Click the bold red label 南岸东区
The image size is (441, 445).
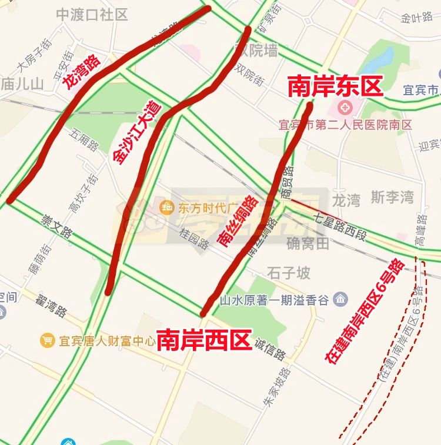pyautogui.click(x=335, y=87)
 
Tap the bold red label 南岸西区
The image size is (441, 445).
pyautogui.click(x=204, y=340)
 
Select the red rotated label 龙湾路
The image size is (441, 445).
pyautogui.click(x=82, y=73)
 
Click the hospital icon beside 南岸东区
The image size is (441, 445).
pyautogui.click(x=343, y=108)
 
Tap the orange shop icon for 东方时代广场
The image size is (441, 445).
pyautogui.click(x=166, y=206)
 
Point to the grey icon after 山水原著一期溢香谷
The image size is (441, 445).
pyautogui.click(x=340, y=300)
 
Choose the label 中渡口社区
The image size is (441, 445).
pyautogui.click(x=92, y=15)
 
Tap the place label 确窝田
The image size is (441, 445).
pyautogui.click(x=308, y=243)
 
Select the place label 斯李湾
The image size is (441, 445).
pyautogui.click(x=392, y=198)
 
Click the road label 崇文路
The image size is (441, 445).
pyautogui.click(x=56, y=226)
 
